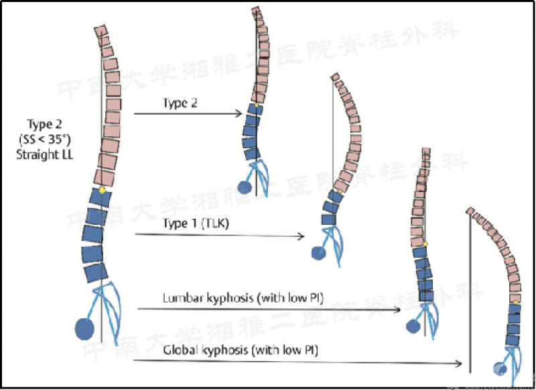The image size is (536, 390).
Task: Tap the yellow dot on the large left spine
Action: (102, 191)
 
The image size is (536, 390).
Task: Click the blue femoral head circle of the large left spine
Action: (84, 328)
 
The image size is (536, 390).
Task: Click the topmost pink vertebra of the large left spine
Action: (100, 30)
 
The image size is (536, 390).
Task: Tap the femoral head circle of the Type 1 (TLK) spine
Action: (318, 252)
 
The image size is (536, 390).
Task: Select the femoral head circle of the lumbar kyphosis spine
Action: (412, 326)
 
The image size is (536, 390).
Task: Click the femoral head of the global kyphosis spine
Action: (498, 368)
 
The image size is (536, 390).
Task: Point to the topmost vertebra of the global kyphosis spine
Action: (470, 212)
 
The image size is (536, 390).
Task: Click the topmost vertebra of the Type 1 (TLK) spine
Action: (336, 78)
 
